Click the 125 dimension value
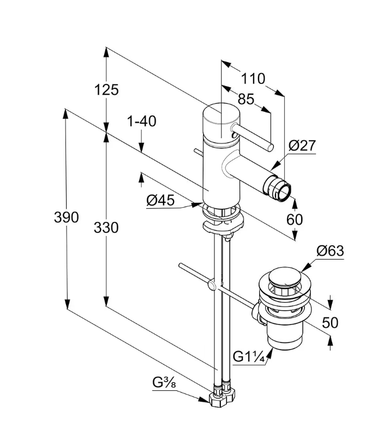tap(106, 89)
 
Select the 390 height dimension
tap(66, 217)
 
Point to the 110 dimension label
tap(253, 79)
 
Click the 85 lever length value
tap(246, 99)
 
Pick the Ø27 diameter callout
tap(302, 146)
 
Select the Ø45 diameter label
tap(160, 200)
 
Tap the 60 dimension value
tap(295, 219)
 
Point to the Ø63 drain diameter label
tap(330, 251)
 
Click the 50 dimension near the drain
tap(330, 322)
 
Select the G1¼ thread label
tap(249, 357)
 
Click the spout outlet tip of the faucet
tap(283, 190)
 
